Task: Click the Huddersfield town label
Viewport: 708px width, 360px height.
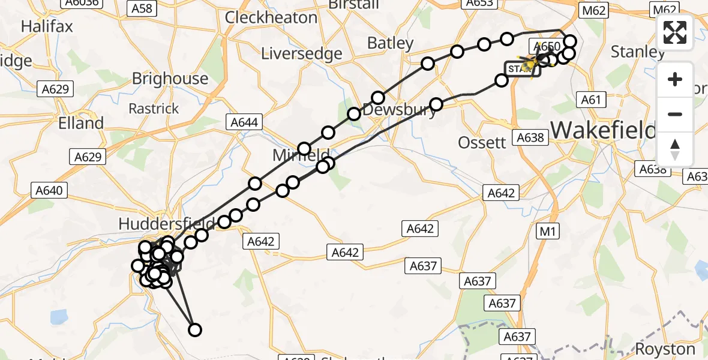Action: pos(157,224)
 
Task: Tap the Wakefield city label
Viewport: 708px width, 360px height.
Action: pos(603,129)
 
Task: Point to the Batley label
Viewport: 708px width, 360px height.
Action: pos(391,43)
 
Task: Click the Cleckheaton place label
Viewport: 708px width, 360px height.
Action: pos(271,17)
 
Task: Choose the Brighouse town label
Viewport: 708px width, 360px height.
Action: pos(170,79)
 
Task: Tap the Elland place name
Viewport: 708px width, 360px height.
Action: pos(82,123)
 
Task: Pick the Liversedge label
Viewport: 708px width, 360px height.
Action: pos(302,53)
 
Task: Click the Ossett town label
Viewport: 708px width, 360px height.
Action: pos(482,143)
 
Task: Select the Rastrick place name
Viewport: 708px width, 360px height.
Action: pos(154,109)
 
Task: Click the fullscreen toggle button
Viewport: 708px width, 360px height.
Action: pos(675,32)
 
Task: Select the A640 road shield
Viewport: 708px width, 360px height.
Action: pos(49,191)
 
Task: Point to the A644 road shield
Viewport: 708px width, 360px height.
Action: pos(245,123)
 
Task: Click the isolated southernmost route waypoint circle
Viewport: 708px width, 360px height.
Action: pos(194,329)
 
